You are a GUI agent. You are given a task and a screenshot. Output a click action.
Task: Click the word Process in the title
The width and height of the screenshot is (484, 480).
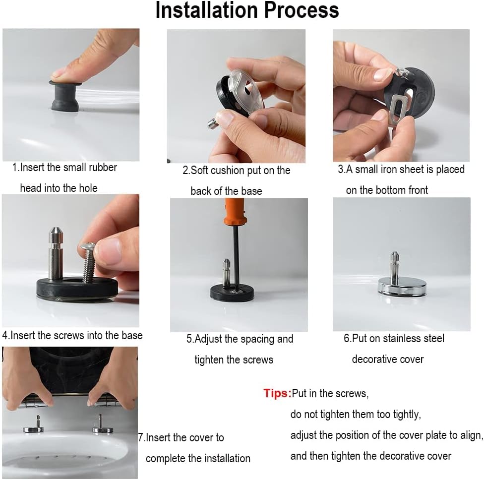pos(302,10)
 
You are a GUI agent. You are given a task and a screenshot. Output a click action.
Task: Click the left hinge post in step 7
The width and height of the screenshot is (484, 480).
pos(38,423)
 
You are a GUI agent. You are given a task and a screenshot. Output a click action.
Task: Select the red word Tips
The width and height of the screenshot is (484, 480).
pos(277,393)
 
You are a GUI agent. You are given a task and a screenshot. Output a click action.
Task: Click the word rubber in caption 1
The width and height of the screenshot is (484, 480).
pos(103,167)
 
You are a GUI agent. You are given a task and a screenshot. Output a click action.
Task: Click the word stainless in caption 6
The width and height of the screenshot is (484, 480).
pos(402,339)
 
